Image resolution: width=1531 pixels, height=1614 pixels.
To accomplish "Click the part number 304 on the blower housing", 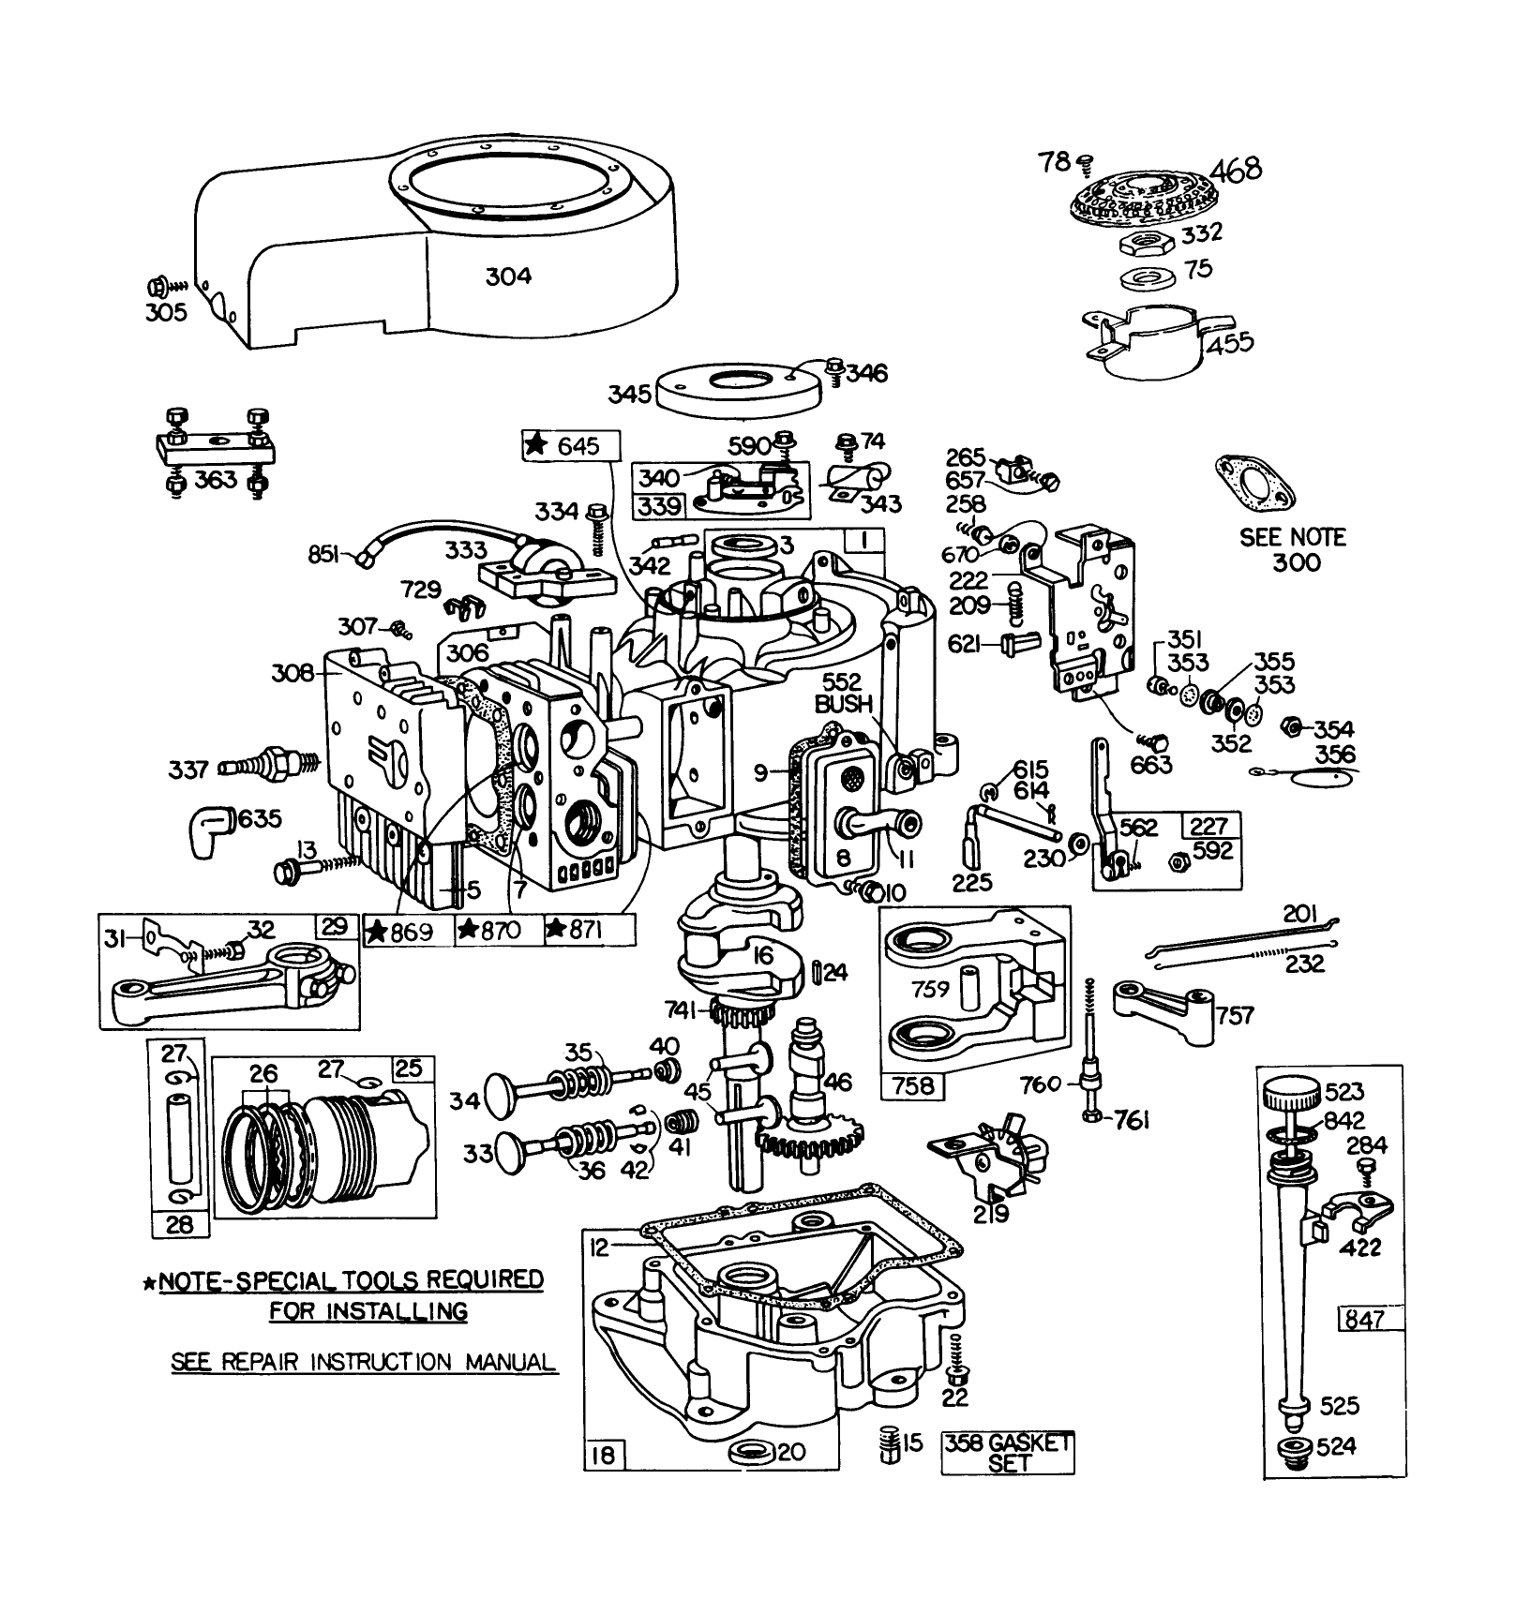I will [508, 276].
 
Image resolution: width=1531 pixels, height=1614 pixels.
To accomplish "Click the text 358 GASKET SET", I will [1008, 1452].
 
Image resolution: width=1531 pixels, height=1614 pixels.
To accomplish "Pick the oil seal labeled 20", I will [750, 1454].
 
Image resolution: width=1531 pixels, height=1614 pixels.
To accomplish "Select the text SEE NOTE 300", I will [1292, 550].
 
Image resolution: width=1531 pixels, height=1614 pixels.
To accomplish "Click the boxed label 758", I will [913, 1085].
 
